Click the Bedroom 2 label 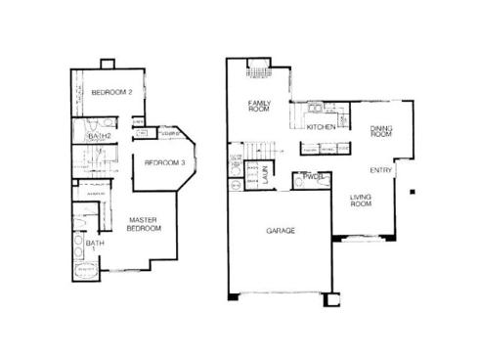pos(112,92)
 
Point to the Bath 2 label pos(99,137)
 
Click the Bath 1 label pos(93,247)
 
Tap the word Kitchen pos(322,127)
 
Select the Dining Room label pos(380,130)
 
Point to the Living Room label pos(364,201)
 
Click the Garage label pos(281,232)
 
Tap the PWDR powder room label pos(314,177)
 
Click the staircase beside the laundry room pos(256,150)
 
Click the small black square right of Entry pos(414,190)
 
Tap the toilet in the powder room pos(298,181)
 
